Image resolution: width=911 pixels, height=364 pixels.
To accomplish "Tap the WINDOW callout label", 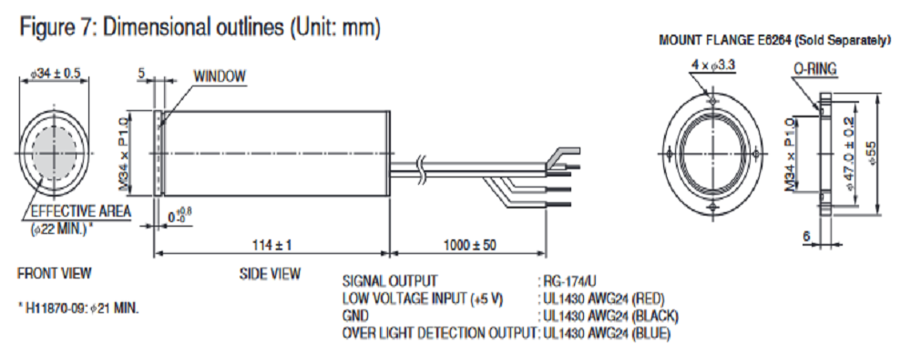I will coord(220,76).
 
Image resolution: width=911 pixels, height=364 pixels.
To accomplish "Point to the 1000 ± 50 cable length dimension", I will coord(468,245).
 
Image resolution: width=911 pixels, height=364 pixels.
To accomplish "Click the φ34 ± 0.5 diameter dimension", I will coord(56,73).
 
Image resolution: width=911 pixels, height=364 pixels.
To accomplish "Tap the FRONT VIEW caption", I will coord(54,272).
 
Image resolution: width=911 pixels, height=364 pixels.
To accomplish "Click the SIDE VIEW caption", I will coord(270,273).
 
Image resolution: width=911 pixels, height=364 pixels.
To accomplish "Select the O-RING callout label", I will coord(814,68).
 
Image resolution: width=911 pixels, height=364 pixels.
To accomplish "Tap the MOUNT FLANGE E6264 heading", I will coord(773,41).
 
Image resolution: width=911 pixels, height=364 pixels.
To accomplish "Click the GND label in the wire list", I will coord(355,316).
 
